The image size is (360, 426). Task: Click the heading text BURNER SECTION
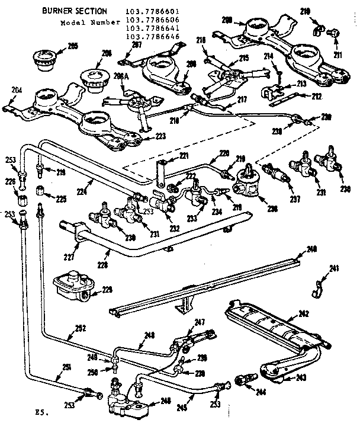tap(75, 11)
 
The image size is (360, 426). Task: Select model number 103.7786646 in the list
tap(152, 37)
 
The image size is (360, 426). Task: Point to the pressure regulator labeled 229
tap(70, 285)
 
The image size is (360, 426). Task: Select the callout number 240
tap(311, 249)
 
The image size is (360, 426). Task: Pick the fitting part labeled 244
tap(245, 379)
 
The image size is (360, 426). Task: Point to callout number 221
tap(184, 155)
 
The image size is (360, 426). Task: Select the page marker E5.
tap(39, 410)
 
